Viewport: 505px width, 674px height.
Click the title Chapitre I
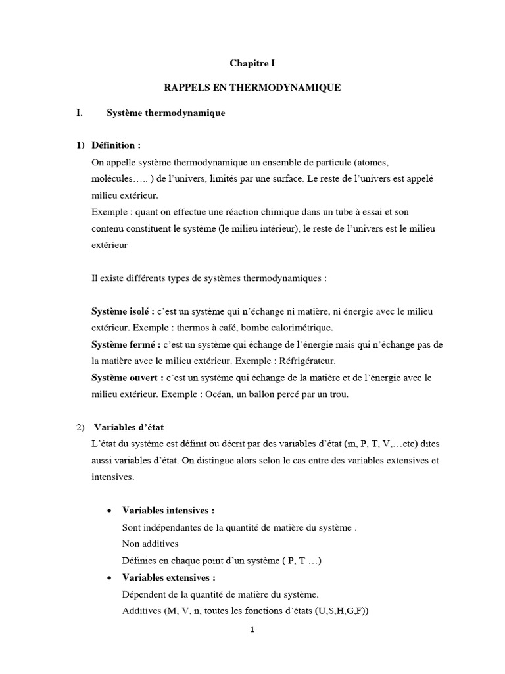tap(252, 63)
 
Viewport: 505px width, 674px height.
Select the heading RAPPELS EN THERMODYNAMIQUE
tap(252, 87)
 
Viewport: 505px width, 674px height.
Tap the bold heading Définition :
tap(116, 145)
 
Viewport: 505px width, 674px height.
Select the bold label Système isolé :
tap(122, 311)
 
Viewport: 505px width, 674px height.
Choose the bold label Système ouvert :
tap(126, 379)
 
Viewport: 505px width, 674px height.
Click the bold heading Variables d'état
tap(133, 427)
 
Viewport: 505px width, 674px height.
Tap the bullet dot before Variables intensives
tap(108, 511)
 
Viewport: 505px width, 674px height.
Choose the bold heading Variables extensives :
tap(169, 578)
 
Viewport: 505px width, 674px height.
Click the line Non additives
tap(151, 544)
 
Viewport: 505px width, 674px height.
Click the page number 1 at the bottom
tap(252, 648)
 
